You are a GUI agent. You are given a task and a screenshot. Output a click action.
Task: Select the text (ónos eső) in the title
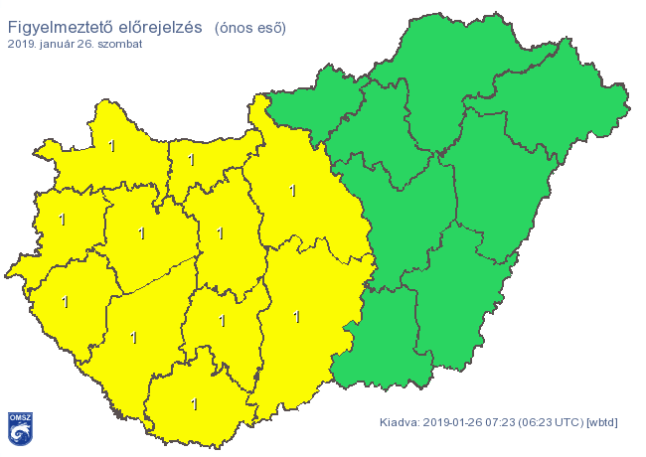point(249,28)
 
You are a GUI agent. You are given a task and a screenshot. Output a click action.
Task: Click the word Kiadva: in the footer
point(401,423)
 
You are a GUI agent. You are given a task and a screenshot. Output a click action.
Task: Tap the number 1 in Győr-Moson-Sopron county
point(111,147)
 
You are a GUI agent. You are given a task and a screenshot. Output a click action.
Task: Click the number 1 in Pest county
point(292,191)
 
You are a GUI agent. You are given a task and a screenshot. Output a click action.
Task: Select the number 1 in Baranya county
point(195,404)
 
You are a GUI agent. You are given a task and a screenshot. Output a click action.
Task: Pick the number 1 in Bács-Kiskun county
point(296,317)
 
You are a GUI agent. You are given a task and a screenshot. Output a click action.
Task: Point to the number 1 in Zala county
point(66,301)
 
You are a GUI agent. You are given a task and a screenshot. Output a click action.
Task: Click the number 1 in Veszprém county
point(141,233)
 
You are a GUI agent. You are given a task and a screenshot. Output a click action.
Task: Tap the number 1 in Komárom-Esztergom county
point(192,159)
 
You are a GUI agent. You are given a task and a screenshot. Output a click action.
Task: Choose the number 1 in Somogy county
point(133,338)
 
